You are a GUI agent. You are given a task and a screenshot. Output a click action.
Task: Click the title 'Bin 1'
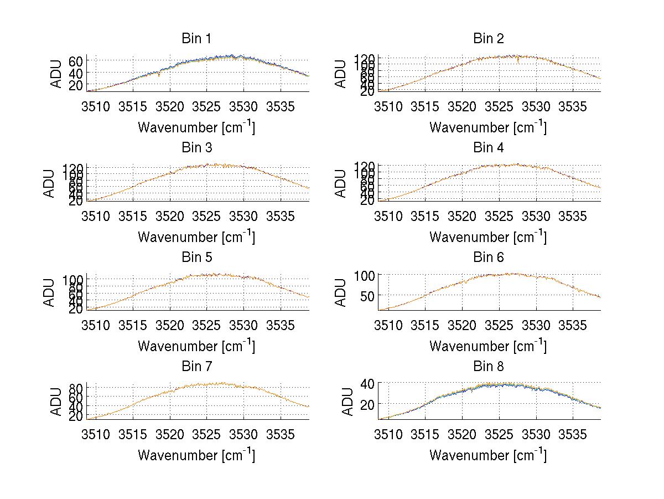click(x=196, y=39)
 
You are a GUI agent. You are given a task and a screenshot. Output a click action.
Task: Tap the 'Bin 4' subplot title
click(x=488, y=148)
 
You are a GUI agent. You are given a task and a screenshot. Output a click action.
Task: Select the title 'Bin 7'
click(x=196, y=367)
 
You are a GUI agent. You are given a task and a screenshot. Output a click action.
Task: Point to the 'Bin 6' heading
click(x=488, y=258)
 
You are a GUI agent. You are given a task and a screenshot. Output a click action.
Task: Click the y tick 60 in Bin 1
click(x=76, y=60)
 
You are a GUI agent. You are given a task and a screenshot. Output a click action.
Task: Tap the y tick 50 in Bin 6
click(x=367, y=296)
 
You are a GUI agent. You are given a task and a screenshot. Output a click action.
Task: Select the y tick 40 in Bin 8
click(x=367, y=383)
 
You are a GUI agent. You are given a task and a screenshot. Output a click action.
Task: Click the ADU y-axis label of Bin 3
click(x=50, y=183)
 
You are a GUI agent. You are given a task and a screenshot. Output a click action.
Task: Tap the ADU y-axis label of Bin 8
click(x=341, y=402)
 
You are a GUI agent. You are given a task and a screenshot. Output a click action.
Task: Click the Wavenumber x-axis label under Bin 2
click(x=488, y=127)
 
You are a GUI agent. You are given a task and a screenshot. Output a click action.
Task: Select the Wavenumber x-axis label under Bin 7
click(x=196, y=455)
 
